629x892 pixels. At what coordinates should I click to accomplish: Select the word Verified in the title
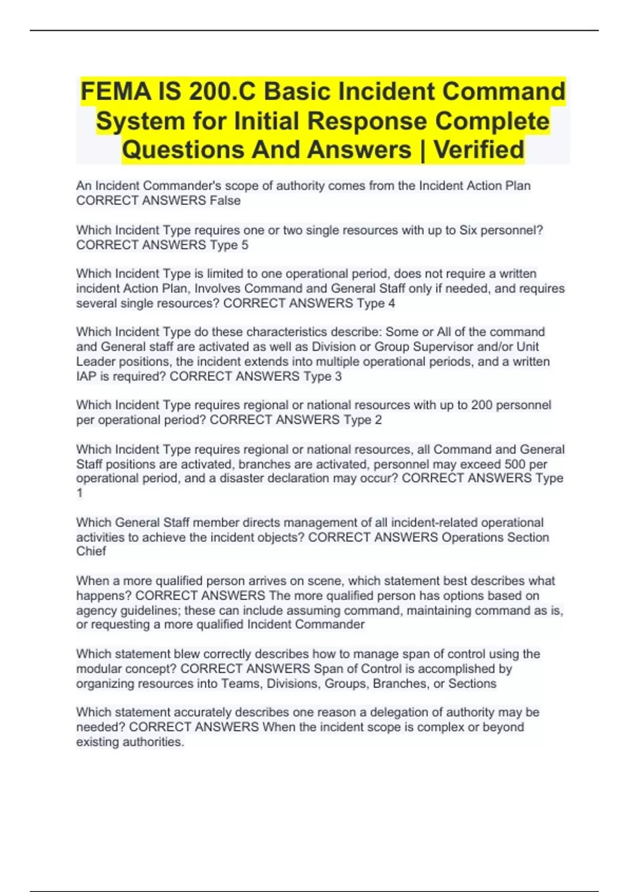click(x=479, y=150)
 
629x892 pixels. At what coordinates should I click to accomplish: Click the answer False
click(x=225, y=200)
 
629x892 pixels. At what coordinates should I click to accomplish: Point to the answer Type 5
click(x=229, y=245)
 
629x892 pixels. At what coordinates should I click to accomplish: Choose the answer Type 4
click(x=376, y=303)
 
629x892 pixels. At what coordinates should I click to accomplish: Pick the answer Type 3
click(x=322, y=376)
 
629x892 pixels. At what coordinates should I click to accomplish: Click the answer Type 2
click(x=363, y=420)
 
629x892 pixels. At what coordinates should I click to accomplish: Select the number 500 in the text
click(x=515, y=464)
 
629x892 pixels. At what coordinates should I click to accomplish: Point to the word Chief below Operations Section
click(x=91, y=551)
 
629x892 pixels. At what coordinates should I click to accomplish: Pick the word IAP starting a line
click(x=86, y=376)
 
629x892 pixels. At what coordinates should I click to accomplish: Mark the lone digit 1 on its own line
click(x=80, y=493)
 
